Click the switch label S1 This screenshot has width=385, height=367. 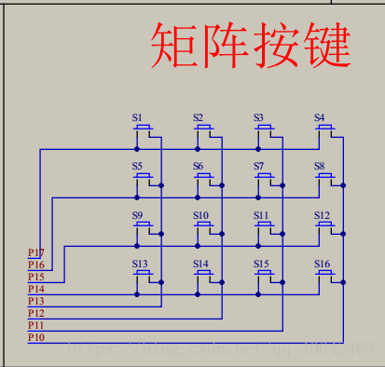click(137, 117)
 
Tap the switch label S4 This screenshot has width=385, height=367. click(319, 117)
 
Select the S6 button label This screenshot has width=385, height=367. click(199, 166)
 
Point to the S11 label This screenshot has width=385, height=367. click(261, 215)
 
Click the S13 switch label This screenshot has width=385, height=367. click(140, 264)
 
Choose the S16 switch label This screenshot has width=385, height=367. click(322, 264)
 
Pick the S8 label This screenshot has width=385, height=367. click(319, 166)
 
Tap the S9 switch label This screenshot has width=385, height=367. click(137, 215)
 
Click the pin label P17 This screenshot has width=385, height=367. click(35, 252)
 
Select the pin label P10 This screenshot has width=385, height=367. click(35, 337)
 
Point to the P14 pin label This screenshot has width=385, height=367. click(35, 289)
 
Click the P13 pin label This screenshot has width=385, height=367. click(35, 301)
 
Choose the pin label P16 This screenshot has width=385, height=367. click(35, 265)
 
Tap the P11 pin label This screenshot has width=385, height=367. click(35, 325)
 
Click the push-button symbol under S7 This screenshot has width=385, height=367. click(266, 177)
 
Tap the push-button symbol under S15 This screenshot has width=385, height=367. click(266, 275)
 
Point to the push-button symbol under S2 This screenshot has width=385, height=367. click(205, 129)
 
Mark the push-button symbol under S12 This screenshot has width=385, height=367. click(326, 226)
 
